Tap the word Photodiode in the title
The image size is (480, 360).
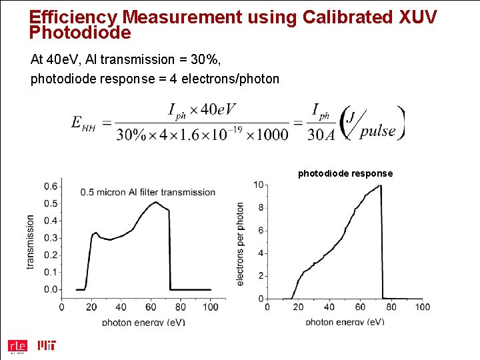click(x=81, y=31)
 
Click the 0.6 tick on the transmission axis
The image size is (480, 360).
click(x=50, y=186)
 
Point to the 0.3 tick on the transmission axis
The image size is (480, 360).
click(x=50, y=238)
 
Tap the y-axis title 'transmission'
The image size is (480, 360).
click(x=30, y=241)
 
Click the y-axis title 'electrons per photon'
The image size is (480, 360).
click(x=240, y=245)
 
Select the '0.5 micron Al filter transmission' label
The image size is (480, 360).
click(x=148, y=192)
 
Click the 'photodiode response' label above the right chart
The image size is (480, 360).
click(x=345, y=173)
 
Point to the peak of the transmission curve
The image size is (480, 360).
click(x=155, y=202)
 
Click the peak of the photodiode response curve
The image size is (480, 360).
click(x=380, y=185)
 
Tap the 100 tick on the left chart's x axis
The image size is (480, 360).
click(x=209, y=307)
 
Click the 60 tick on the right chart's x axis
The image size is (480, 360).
click(x=360, y=307)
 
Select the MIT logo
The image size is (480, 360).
click(x=47, y=345)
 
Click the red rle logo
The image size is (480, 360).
click(x=17, y=346)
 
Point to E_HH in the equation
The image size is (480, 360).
click(x=83, y=123)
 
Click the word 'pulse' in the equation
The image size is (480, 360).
click(x=378, y=130)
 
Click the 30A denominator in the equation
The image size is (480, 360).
click(x=321, y=134)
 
